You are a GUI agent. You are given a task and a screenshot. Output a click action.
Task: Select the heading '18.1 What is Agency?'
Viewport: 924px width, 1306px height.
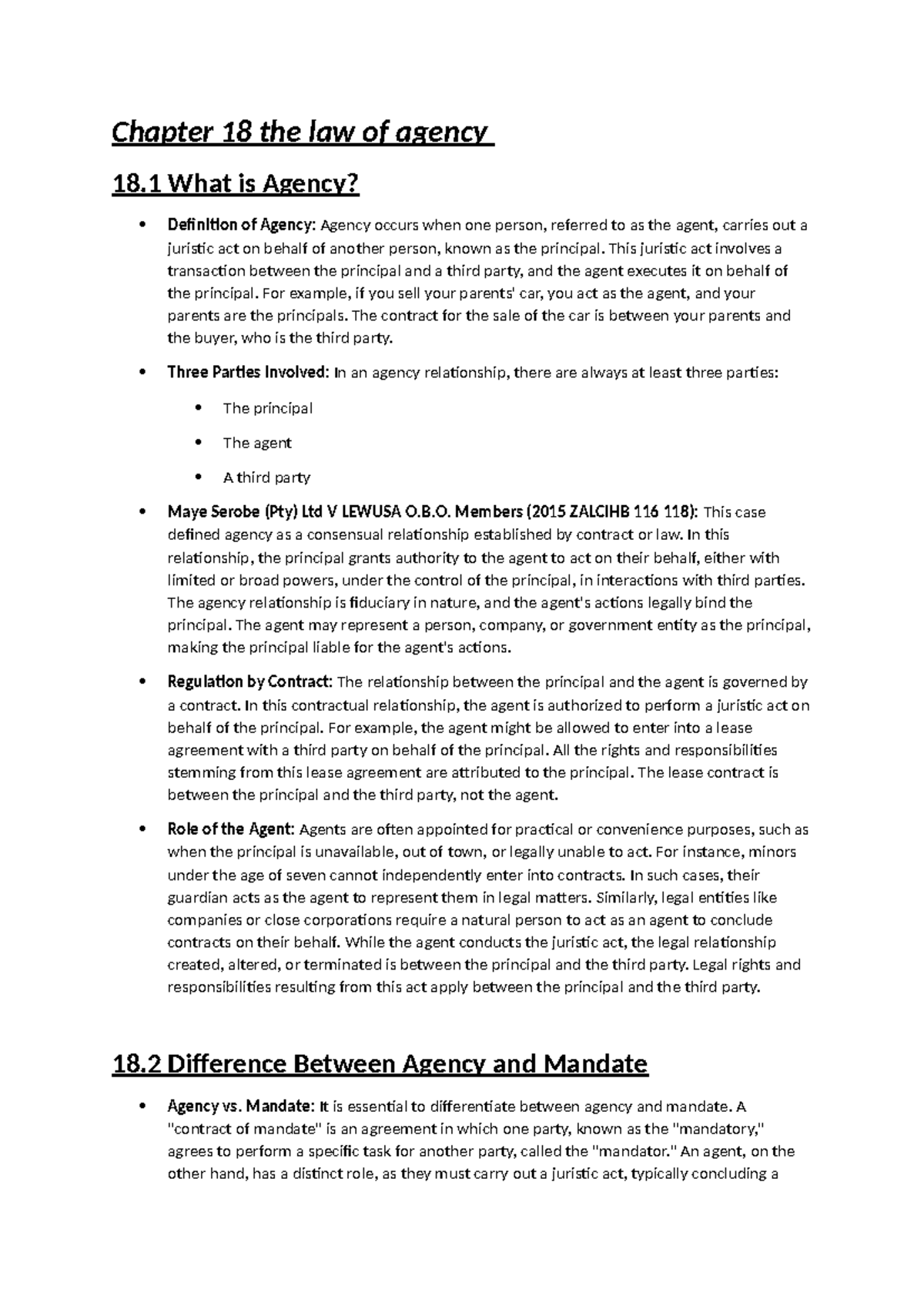click(236, 184)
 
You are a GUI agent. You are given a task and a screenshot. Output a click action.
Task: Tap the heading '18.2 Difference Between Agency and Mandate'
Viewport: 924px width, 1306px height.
click(380, 1064)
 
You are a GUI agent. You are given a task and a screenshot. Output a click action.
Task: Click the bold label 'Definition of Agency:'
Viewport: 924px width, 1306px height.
click(242, 226)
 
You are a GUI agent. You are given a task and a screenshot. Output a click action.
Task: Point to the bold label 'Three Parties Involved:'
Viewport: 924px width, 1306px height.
click(249, 373)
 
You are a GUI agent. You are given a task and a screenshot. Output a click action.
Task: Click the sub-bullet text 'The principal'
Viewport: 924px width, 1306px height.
click(267, 408)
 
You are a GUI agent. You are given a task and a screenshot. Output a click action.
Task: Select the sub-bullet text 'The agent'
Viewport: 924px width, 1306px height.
click(257, 443)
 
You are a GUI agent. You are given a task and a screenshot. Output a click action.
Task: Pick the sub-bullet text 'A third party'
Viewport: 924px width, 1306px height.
click(266, 477)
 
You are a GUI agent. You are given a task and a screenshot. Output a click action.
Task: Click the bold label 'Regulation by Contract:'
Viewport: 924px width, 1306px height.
click(250, 682)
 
